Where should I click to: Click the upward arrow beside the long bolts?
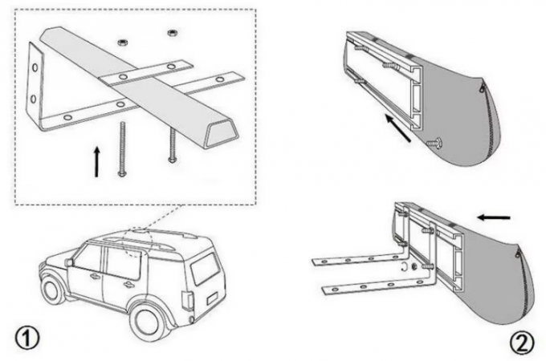[x=97, y=160]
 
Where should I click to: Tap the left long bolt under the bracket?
[x=123, y=148]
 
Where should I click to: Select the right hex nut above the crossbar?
[x=171, y=33]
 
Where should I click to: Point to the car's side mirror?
[x=70, y=262]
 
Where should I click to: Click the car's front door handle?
[x=96, y=277]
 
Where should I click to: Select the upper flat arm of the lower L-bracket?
[x=353, y=259]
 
